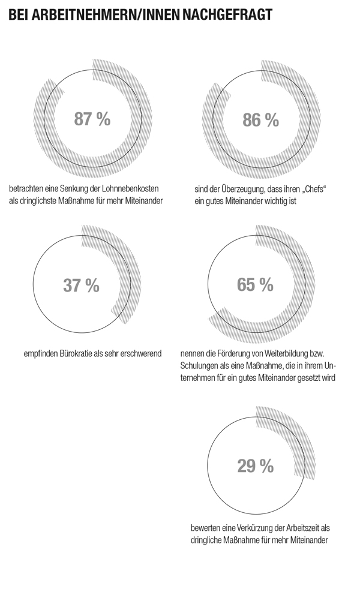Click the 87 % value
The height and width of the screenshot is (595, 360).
[92, 119]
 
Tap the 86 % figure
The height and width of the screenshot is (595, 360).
[260, 119]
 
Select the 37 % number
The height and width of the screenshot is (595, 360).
[81, 286]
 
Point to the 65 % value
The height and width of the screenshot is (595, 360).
[254, 284]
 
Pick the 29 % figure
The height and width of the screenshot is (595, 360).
[255, 465]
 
